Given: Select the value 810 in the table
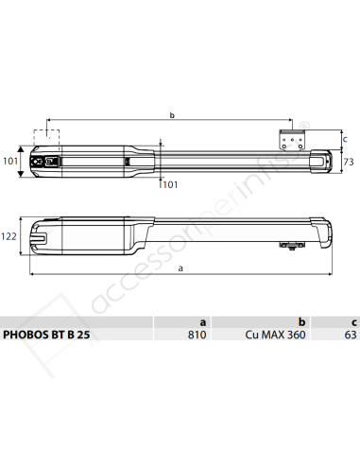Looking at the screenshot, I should coord(197,335).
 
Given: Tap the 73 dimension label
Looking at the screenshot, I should coord(347,162).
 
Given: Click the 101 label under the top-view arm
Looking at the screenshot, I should coord(171,184).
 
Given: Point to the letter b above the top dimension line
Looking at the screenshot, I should coord(171,116).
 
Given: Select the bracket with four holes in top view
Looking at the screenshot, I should coord(291,139).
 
